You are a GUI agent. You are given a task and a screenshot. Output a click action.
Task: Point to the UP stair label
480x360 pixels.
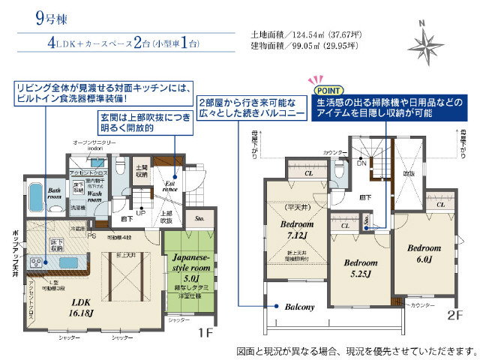[139, 212]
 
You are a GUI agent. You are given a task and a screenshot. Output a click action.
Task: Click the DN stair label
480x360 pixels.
[361, 162]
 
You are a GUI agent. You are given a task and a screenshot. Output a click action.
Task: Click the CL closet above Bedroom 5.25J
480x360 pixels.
[346, 224]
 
